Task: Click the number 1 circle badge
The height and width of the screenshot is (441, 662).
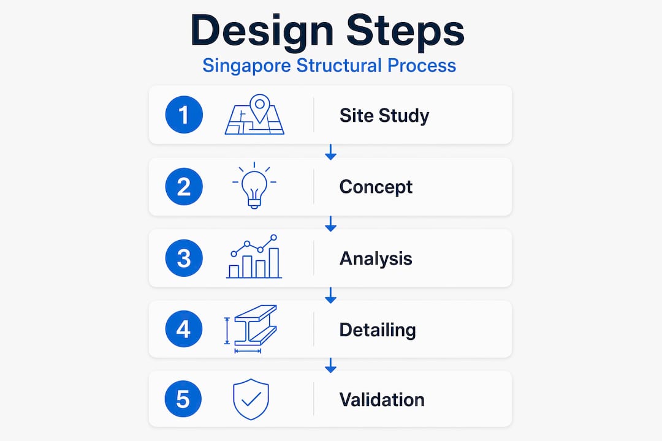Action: [184, 115]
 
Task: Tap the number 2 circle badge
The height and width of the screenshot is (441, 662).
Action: [184, 187]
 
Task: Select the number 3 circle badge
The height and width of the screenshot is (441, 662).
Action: [184, 258]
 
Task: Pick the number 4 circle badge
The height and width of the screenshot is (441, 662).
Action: [184, 329]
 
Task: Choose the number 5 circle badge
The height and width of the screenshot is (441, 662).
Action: [183, 399]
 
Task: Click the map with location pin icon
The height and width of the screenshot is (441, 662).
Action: [254, 115]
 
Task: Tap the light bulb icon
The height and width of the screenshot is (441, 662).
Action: [254, 185]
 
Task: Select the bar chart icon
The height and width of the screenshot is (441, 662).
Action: [254, 257]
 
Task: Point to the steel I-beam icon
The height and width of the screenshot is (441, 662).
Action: [251, 329]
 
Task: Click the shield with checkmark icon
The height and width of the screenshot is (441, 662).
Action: [251, 399]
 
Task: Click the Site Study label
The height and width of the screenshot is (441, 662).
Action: [384, 116]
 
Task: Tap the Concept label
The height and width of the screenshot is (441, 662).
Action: [376, 187]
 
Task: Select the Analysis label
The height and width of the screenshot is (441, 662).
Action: [376, 258]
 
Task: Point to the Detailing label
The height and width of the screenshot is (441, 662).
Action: [378, 330]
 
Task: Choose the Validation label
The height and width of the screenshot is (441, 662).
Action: [382, 399]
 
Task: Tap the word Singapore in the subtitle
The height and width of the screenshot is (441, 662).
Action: [246, 66]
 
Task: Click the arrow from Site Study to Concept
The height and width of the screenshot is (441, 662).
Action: [330, 152]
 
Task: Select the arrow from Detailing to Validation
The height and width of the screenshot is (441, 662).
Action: [330, 366]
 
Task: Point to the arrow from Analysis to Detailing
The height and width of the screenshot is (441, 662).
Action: [330, 295]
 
